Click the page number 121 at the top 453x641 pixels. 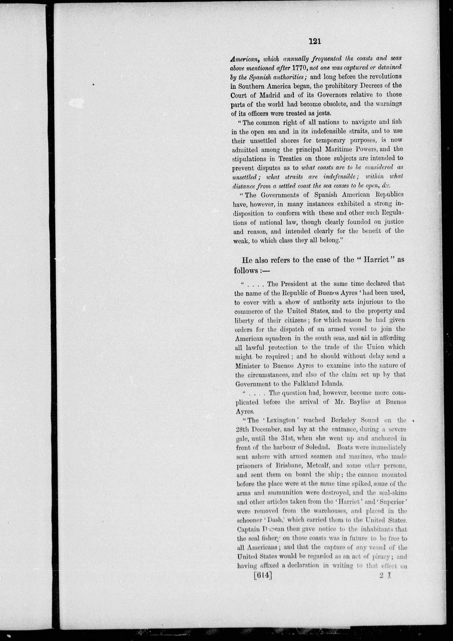tap(315, 42)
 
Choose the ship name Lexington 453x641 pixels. tap(277, 420)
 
